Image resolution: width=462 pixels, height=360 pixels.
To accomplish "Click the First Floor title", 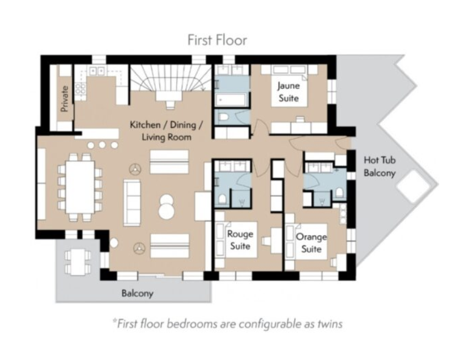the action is point(217,40).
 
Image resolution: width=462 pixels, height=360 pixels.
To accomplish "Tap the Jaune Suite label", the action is point(288,92).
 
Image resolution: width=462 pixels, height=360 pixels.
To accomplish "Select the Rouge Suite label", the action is point(240,240).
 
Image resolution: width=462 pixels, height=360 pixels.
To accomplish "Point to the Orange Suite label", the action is point(312,243).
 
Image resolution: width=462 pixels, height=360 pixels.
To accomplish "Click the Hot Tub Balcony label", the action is point(380,166).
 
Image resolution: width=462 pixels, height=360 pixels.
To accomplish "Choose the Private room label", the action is point(65,99).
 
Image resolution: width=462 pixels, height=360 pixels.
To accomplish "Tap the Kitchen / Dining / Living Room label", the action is point(166,131).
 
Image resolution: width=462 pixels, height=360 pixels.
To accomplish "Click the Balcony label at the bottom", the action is point(137,294).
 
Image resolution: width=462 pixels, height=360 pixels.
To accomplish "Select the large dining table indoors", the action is point(80,187).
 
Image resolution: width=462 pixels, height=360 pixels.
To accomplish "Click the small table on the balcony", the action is point(78,262).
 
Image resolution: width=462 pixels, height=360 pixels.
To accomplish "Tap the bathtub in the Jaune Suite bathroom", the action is point(232,100).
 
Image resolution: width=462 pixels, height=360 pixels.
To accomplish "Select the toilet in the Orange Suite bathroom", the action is point(339,193).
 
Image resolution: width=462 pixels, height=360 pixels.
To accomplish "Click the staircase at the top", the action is point(171,78).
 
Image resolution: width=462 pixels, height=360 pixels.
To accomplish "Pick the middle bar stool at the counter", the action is point(102,145).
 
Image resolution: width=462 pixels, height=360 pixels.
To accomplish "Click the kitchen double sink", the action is point(97,71).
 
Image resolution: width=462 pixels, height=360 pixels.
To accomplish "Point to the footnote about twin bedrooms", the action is point(227,324).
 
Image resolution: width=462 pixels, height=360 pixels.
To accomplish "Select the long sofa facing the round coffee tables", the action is point(132,203).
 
